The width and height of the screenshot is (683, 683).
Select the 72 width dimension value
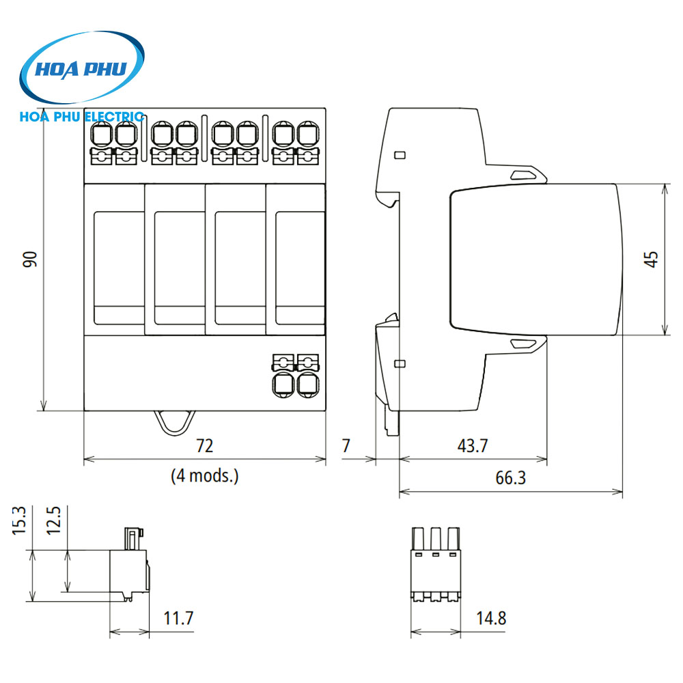205,446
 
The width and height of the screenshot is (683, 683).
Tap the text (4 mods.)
205,475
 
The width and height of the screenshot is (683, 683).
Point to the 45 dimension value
652,259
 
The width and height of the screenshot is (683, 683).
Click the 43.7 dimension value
473,446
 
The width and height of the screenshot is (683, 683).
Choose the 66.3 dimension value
510,477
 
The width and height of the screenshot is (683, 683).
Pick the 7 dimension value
346,446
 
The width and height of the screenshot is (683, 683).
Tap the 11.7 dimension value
179,619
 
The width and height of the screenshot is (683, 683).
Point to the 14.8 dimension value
492,619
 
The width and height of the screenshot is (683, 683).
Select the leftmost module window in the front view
114,268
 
